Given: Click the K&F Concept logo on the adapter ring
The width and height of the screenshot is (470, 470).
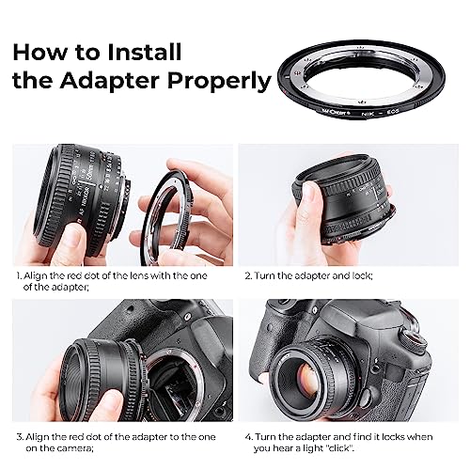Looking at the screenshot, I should coord(333,110).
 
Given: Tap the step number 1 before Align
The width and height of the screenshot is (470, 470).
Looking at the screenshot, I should coord(17,276).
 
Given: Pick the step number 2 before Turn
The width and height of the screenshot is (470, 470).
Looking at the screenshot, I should coord(247,276).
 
